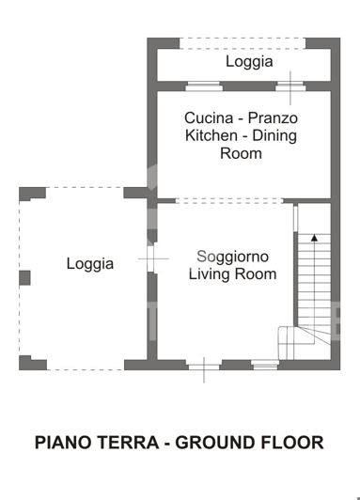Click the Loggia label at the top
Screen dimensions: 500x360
pos(249,62)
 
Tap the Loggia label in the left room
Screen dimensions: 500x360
pos(90,264)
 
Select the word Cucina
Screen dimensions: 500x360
pos(208,118)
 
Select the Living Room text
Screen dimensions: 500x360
pos(233,274)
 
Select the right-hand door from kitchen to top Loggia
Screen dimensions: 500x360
pos(290,86)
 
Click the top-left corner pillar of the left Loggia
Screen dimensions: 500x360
pos(30,193)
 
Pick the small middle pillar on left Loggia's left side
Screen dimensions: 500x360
pos(24,277)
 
